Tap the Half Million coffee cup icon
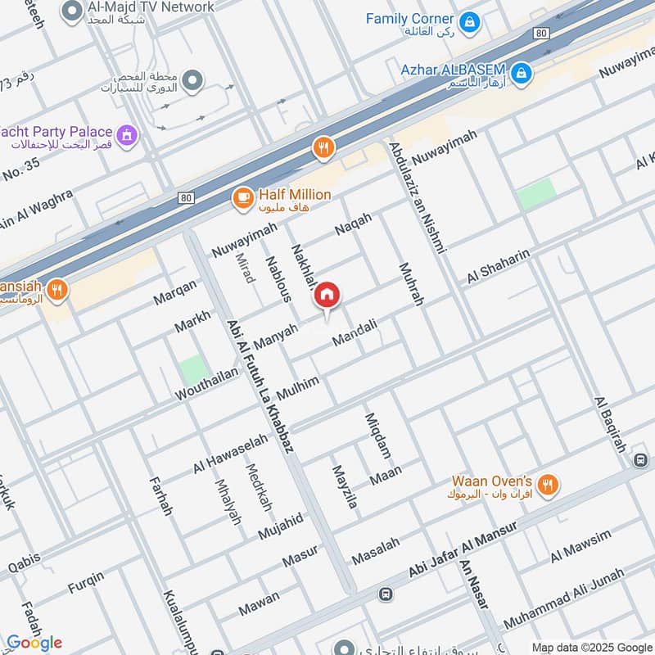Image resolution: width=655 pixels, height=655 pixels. pyautogui.click(x=242, y=197)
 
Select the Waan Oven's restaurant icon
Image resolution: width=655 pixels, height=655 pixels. pyautogui.click(x=549, y=486)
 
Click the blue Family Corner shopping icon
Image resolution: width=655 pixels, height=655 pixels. pyautogui.click(x=469, y=22)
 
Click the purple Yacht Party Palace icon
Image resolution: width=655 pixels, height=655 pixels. pyautogui.click(x=127, y=134)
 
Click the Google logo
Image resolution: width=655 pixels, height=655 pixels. pyautogui.click(x=34, y=642)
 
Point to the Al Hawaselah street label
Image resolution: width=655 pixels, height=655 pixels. pyautogui.click(x=230, y=454)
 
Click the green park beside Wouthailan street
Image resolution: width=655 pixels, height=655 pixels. pyautogui.click(x=195, y=371)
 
